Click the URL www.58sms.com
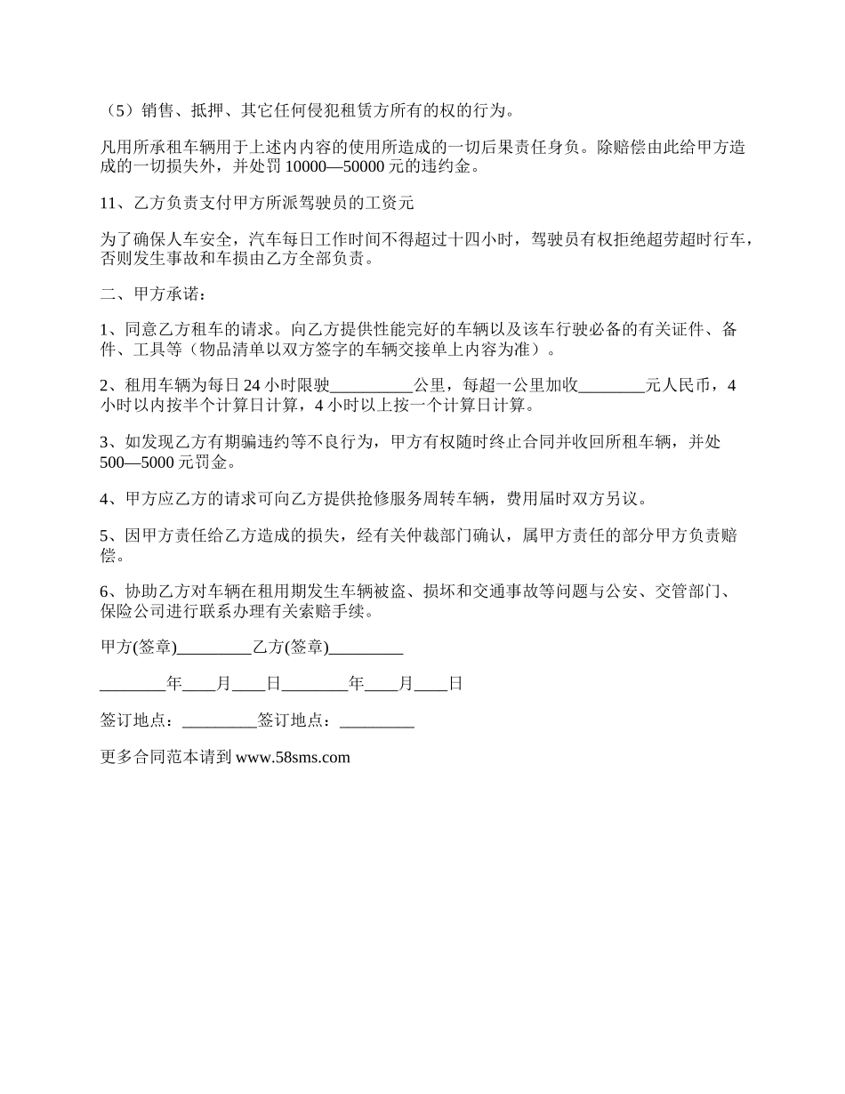pyautogui.click(x=293, y=758)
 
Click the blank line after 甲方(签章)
pyautogui.click(x=214, y=648)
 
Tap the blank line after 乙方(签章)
pyautogui.click(x=366, y=648)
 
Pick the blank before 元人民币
pyautogui.click(x=612, y=386)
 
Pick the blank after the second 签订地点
pyautogui.click(x=377, y=721)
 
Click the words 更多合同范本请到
pyautogui.click(x=166, y=758)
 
